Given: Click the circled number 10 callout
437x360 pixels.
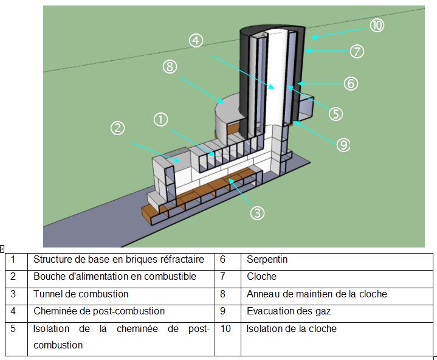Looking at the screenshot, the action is point(377,26).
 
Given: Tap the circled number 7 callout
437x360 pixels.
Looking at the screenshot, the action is point(357,52).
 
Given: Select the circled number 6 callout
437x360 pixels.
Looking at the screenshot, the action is point(351,84).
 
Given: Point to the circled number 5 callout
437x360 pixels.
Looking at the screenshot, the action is point(335,114).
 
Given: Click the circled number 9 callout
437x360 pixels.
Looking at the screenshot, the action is point(343,145).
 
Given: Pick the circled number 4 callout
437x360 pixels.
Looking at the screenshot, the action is point(196,41).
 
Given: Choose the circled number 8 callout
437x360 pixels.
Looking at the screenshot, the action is point(170,67).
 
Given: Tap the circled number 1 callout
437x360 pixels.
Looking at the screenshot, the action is point(161,120).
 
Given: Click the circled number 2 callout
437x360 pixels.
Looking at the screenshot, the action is point(118,128).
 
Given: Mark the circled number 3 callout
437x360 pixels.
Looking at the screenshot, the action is point(257,213).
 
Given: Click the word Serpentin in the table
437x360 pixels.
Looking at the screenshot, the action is point(267,260).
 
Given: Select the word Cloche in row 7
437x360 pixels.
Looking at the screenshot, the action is point(261,276).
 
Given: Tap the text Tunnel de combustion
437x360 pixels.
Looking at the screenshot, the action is point(81,294).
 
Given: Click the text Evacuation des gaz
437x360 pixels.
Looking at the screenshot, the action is point(289,311).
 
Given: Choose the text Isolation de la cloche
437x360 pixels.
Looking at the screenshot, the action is point(292,328).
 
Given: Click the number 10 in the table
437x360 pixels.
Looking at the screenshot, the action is point(225,328).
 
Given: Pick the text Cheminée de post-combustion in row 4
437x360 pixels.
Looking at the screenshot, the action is point(99,311).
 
